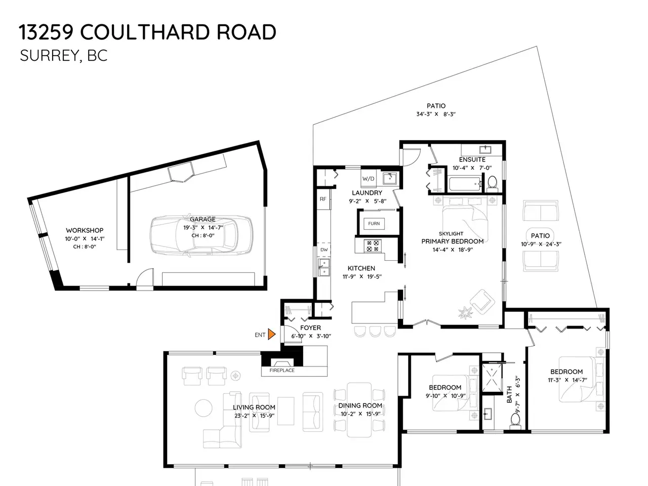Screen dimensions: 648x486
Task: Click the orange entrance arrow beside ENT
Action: tap(271, 334)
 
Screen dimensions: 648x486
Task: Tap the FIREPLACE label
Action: tap(282, 371)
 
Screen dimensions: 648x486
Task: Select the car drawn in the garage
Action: tap(201, 235)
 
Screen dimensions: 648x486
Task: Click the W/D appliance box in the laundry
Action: tap(369, 179)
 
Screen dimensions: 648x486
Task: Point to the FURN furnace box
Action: tap(374, 224)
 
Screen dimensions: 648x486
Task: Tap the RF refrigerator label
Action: tap(323, 199)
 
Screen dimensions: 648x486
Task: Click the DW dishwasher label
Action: tap(324, 250)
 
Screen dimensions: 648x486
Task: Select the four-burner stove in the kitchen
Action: tap(373, 246)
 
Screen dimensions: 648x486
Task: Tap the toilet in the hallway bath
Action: tap(515, 421)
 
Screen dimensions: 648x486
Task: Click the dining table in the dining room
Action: tap(359, 410)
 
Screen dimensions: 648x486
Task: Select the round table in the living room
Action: tap(204, 408)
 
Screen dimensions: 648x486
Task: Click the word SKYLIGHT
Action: tap(451, 234)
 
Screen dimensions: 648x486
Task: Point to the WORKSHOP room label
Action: tap(85, 230)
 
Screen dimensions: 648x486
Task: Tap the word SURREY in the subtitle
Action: tap(49, 56)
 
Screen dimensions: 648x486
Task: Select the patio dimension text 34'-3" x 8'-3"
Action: tap(436, 114)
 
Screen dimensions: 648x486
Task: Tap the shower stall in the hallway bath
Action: tap(492, 378)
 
